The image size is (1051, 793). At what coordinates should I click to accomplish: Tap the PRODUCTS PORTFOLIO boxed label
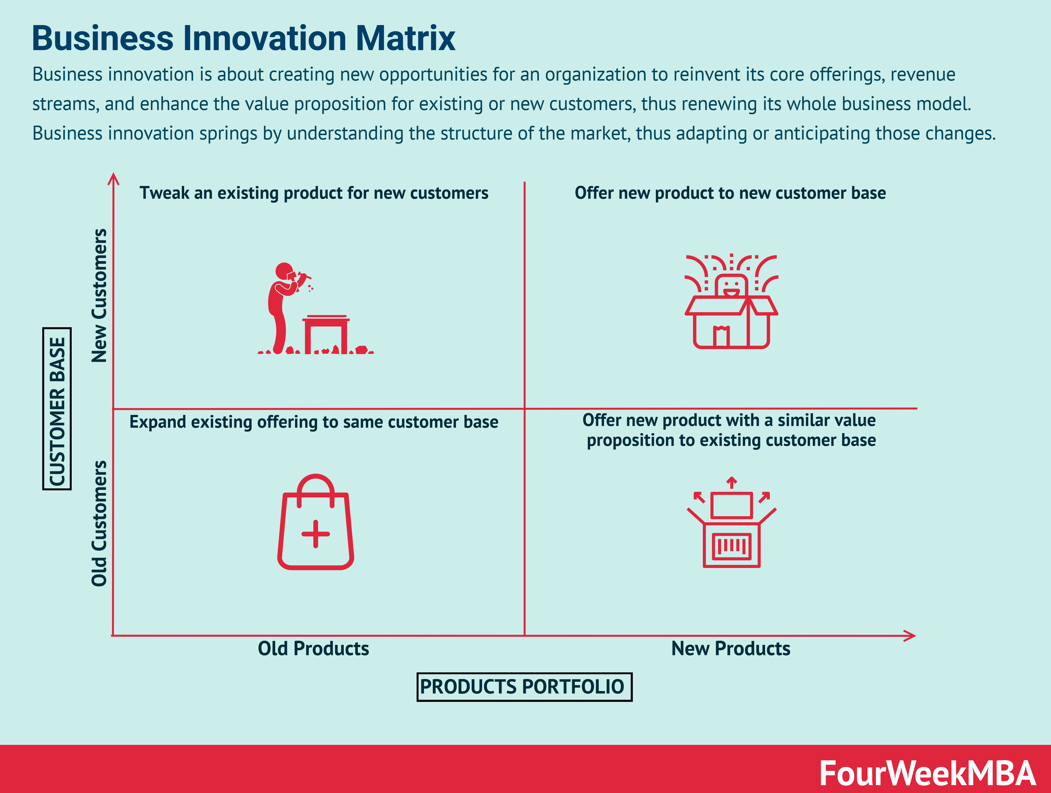pos(524,687)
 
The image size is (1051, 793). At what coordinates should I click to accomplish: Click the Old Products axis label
pos(313,649)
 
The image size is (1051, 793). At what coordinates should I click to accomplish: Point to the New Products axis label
pos(730,649)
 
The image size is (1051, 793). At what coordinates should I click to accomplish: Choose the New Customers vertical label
pos(99,296)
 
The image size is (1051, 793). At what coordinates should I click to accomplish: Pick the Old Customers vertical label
pos(99,523)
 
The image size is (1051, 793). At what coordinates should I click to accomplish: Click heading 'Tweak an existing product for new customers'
pos(314,193)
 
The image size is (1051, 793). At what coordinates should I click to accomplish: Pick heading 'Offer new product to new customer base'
pos(730,193)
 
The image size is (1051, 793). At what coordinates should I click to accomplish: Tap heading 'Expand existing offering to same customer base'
pos(314,422)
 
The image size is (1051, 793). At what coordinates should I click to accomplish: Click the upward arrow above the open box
pos(732,482)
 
